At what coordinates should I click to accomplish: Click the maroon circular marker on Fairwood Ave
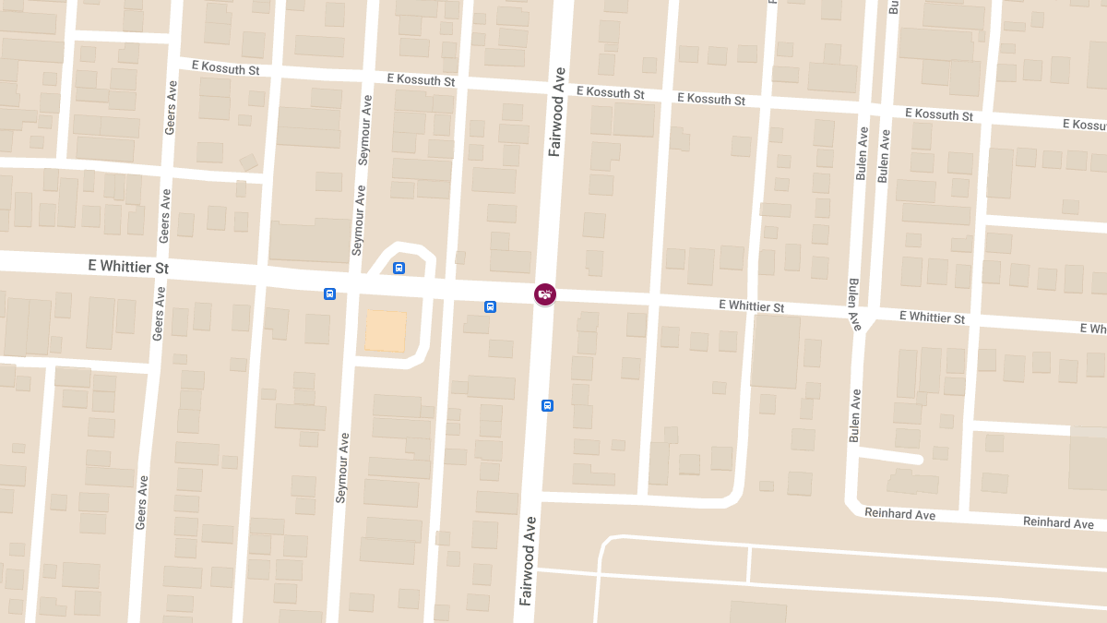pos(545,294)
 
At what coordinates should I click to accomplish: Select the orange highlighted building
pos(386,330)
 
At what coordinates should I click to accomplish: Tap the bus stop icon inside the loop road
pos(399,269)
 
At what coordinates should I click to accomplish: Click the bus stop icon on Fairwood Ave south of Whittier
pos(547,405)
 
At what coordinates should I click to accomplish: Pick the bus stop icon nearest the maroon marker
pos(490,306)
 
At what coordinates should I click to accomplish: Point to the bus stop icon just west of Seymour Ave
pos(329,294)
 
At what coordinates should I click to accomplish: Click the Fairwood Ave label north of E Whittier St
pos(556,112)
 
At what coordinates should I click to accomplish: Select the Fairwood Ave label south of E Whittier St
pos(528,560)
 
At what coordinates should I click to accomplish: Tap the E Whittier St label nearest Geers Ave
pos(129,266)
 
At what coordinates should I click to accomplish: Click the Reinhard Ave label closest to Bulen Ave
pos(899,513)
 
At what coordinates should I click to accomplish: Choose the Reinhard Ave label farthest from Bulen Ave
pos(1058,522)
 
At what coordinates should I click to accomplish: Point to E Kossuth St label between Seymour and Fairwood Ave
pos(422,79)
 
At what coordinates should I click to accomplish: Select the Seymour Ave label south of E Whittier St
pos(342,467)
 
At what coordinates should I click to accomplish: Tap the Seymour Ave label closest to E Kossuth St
pos(365,129)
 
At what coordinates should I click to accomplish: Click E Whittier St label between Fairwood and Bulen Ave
pos(751,306)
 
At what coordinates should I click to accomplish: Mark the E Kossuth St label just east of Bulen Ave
pos(939,114)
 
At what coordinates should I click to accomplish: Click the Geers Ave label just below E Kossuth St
pos(171,108)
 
